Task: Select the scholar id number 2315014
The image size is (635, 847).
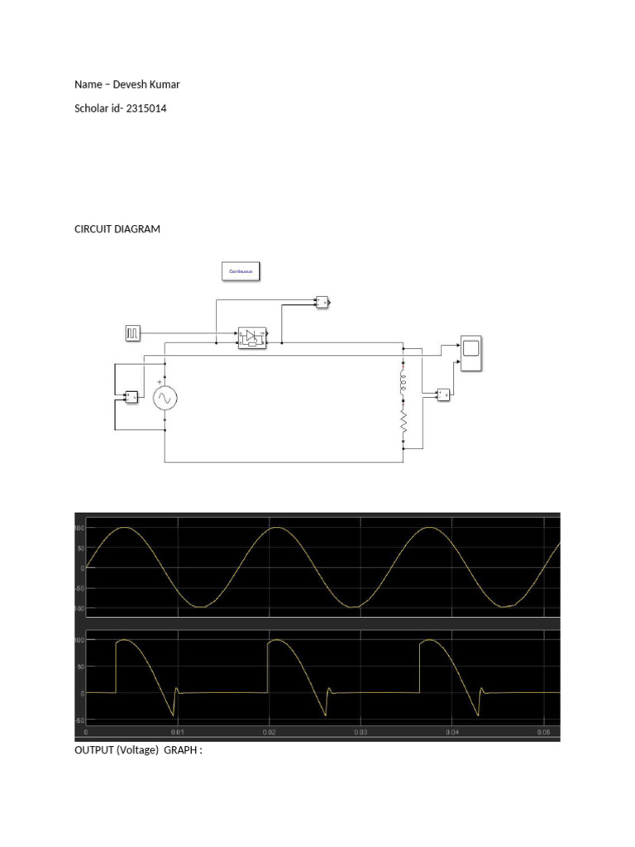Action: (146, 108)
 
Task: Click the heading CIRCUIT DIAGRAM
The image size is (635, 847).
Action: (117, 229)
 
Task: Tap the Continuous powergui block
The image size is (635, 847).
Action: (241, 271)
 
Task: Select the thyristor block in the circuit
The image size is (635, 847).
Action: (252, 337)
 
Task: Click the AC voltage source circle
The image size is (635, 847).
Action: (165, 399)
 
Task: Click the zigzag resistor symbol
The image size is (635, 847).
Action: (403, 423)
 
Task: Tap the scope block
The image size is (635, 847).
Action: (471, 353)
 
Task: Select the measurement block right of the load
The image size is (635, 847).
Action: (444, 395)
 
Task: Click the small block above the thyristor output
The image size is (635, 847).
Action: (322, 302)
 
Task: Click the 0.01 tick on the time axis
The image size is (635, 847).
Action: (177, 732)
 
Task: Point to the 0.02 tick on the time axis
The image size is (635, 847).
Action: (268, 732)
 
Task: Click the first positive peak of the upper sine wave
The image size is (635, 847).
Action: (124, 528)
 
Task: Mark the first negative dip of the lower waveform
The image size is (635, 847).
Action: (173, 715)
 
